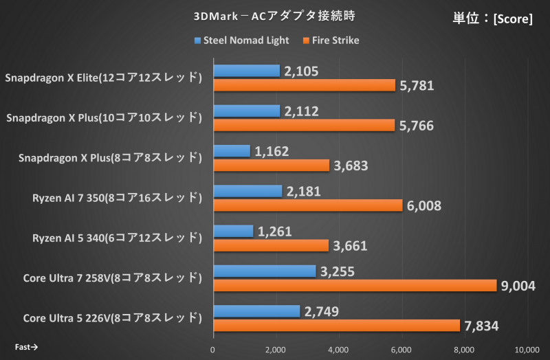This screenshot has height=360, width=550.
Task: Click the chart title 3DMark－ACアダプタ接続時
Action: tap(275, 14)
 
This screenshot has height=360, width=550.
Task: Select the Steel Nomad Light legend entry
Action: tap(241, 41)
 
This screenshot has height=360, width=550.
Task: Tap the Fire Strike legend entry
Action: tap(330, 41)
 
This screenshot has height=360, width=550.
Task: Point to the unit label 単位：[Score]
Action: tap(492, 19)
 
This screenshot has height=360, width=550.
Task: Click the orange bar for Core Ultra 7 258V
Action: tap(355, 285)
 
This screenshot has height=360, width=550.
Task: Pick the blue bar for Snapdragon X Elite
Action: tap(247, 71)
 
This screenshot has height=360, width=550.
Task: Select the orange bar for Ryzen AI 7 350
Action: tap(308, 205)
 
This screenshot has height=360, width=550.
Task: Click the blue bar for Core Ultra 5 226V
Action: tap(256, 311)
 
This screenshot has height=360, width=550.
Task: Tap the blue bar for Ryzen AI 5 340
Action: tap(233, 231)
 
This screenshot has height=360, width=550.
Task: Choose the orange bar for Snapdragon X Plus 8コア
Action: tap(272, 166)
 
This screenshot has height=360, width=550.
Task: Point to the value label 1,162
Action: tap(272, 151)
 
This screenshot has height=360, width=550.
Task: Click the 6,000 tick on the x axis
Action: tap(401, 349)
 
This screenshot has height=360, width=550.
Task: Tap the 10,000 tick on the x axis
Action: tap(527, 349)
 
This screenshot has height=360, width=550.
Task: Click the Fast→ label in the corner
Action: tap(26, 347)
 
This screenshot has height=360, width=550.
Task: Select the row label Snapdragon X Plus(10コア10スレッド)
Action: tap(104, 118)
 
